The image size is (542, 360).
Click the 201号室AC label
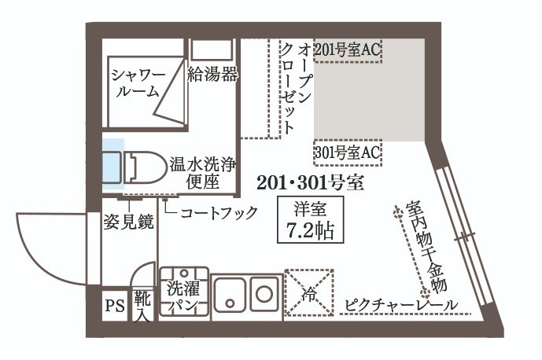click(x=347, y=50)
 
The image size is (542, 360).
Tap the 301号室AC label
click(x=347, y=152)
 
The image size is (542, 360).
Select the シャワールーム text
click(x=138, y=85)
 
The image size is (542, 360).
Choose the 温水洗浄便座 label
click(x=201, y=174)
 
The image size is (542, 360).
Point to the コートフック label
click(x=219, y=212)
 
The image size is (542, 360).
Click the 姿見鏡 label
click(x=127, y=221)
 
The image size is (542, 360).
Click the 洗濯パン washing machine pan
click(x=185, y=292)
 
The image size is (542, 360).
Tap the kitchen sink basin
click(x=232, y=294)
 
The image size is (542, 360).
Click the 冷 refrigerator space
click(x=308, y=294)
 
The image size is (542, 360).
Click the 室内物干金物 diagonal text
click(x=425, y=248)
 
